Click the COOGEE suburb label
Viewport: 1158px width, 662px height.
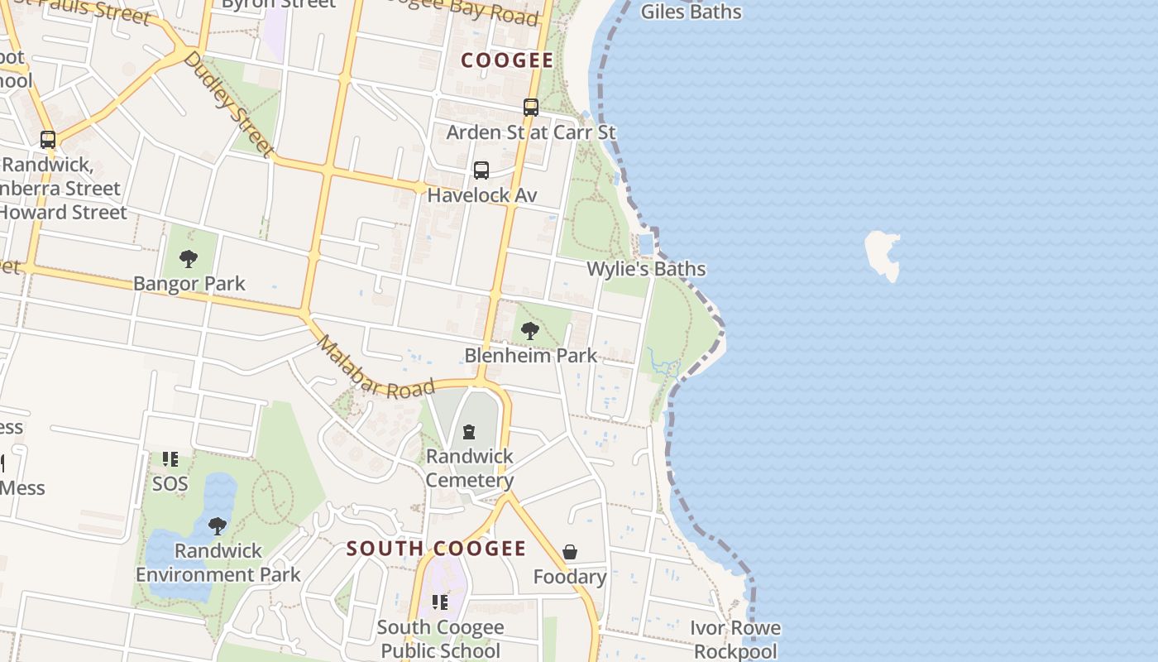pyautogui.click(x=506, y=60)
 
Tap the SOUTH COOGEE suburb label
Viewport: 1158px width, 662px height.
pyautogui.click(x=436, y=549)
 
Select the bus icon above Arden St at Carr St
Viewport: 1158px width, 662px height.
pyautogui.click(x=531, y=108)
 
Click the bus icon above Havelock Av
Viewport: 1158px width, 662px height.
pyautogui.click(x=481, y=170)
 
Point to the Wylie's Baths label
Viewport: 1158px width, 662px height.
pyautogui.click(x=646, y=269)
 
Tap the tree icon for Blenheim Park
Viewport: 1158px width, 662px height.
pyautogui.click(x=530, y=331)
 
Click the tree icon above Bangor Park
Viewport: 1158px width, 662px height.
pyautogui.click(x=189, y=259)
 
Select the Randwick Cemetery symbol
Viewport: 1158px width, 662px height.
pyautogui.click(x=469, y=431)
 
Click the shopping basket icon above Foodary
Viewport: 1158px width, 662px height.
pyautogui.click(x=570, y=552)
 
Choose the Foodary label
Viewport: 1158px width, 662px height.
pyautogui.click(x=570, y=577)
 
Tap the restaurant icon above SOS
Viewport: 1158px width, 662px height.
pyautogui.click(x=170, y=459)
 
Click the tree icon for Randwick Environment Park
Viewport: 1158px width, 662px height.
pyautogui.click(x=218, y=526)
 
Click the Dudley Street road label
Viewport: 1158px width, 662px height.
pyautogui.click(x=228, y=104)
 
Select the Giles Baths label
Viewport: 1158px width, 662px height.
pyautogui.click(x=691, y=12)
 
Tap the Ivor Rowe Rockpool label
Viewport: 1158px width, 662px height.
pyautogui.click(x=735, y=640)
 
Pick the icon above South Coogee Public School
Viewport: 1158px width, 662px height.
pyautogui.click(x=440, y=602)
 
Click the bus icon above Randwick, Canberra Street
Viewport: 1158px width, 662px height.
pyautogui.click(x=48, y=140)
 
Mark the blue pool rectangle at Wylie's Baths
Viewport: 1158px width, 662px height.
pyautogui.click(x=646, y=244)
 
